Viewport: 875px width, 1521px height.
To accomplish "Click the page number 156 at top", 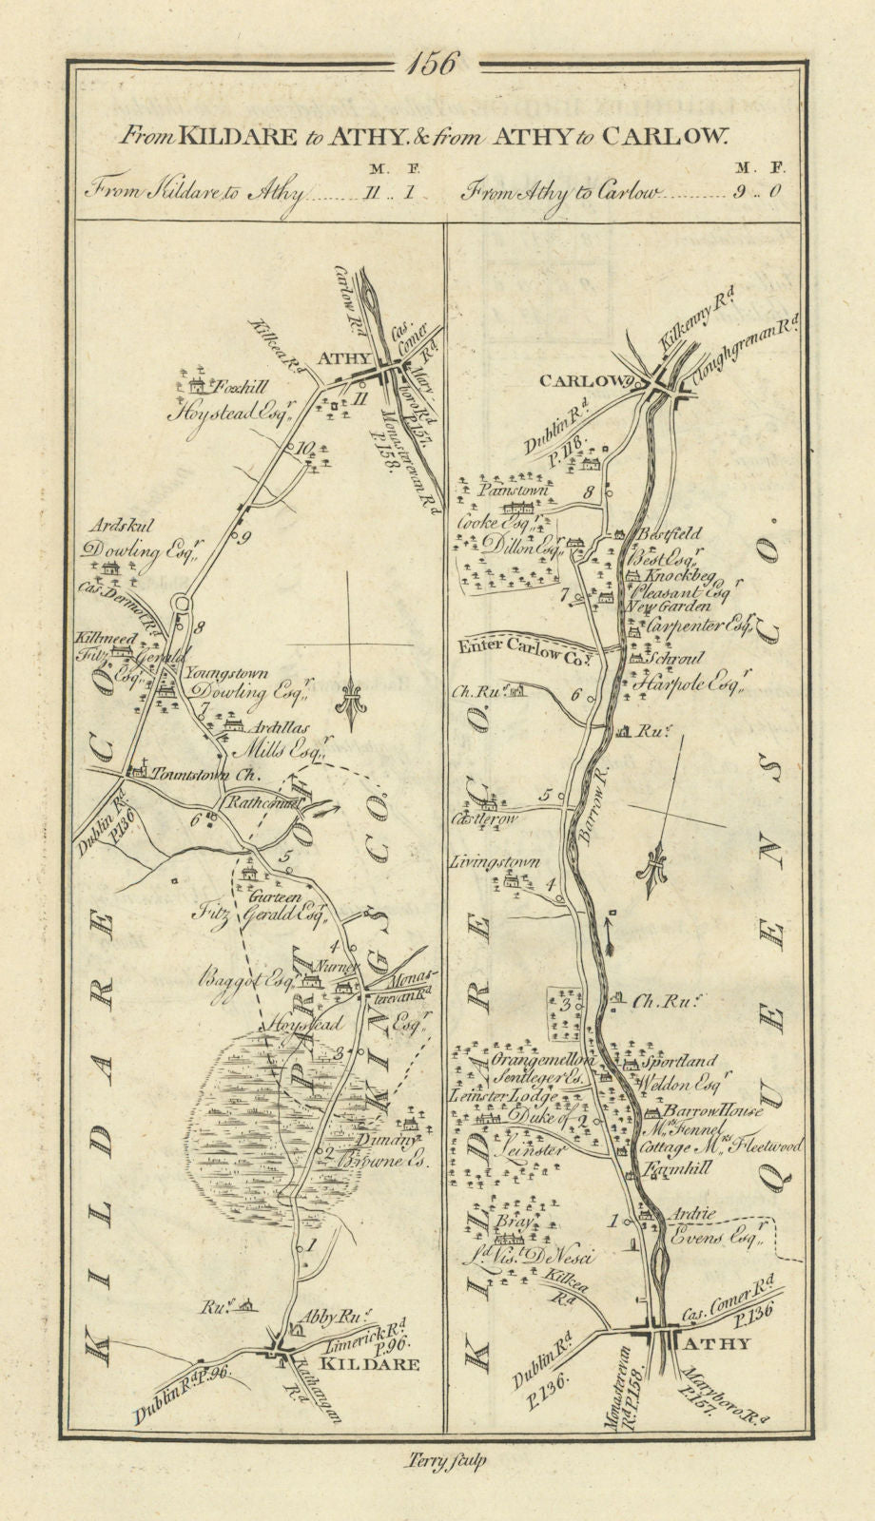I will click(x=437, y=66).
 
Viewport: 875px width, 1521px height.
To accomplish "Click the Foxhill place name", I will click(x=237, y=388).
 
